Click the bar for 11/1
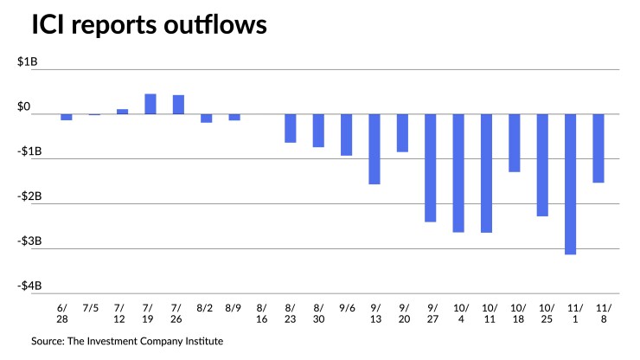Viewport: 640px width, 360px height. [571, 183]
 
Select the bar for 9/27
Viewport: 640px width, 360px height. [431, 168]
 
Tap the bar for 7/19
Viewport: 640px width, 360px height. [150, 104]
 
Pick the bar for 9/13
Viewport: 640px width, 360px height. [374, 149]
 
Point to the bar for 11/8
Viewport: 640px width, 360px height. [598, 148]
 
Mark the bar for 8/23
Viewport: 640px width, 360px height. [291, 128]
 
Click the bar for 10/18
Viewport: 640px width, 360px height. [515, 143]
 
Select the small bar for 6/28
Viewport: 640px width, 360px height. [66, 117]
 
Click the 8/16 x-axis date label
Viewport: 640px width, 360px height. [262, 312]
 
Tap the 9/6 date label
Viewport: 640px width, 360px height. [346, 306]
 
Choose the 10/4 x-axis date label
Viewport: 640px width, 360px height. [458, 312]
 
